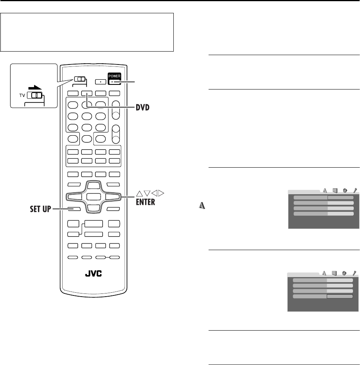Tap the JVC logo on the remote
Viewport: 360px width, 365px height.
(x=93, y=274)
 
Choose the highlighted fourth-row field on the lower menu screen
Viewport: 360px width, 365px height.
(x=340, y=297)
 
